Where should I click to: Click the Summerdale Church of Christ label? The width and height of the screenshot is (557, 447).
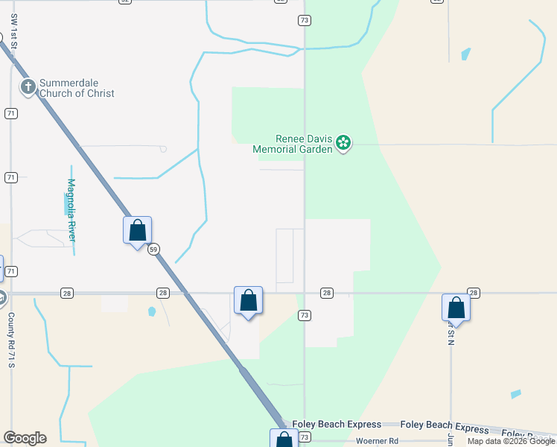point(77,88)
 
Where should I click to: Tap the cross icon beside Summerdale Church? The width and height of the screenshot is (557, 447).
point(28,87)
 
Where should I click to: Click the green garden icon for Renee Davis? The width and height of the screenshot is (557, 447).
point(343,142)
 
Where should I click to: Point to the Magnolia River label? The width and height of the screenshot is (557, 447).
point(71,209)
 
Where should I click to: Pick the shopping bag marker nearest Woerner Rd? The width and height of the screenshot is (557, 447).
point(284,440)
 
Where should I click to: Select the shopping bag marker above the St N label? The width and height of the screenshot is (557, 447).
point(456,308)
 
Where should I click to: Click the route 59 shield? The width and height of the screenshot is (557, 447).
point(153,250)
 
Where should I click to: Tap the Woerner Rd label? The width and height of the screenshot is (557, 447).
point(377,441)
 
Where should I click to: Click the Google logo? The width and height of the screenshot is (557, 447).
point(25,438)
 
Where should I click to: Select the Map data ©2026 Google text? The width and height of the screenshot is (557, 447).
point(511,441)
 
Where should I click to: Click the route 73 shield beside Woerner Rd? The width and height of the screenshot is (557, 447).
point(304,437)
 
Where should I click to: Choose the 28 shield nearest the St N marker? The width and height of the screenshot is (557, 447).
point(474,293)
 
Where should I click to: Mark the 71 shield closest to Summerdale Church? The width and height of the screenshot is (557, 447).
point(10,113)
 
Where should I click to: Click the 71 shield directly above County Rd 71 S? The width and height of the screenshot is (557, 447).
point(10,272)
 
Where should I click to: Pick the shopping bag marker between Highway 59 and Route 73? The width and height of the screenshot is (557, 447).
point(248,300)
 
